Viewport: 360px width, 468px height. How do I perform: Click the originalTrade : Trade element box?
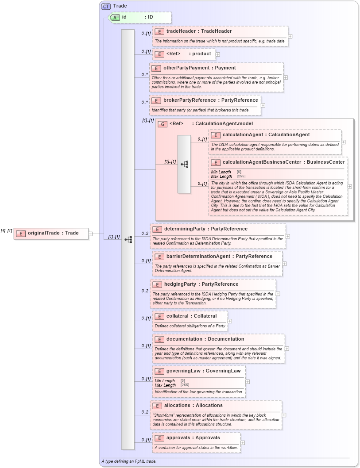click(51, 233)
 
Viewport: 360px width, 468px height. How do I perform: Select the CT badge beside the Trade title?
click(106, 6)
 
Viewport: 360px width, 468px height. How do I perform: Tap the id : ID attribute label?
click(137, 17)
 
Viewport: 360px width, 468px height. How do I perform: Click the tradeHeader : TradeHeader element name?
click(199, 31)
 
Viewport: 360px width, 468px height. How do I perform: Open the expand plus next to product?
click(218, 54)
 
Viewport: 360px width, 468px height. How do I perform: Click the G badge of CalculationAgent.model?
click(163, 124)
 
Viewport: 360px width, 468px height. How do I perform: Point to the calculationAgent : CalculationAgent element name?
click(266, 134)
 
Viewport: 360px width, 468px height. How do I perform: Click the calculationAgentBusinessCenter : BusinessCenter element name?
click(283, 162)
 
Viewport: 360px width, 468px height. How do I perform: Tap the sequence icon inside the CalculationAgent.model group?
click(184, 164)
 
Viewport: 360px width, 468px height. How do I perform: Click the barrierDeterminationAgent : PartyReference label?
click(219, 256)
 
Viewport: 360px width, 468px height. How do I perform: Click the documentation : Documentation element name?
click(205, 339)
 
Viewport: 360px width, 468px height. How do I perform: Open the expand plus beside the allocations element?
click(284, 415)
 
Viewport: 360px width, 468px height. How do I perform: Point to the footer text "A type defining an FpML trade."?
click(129, 461)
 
